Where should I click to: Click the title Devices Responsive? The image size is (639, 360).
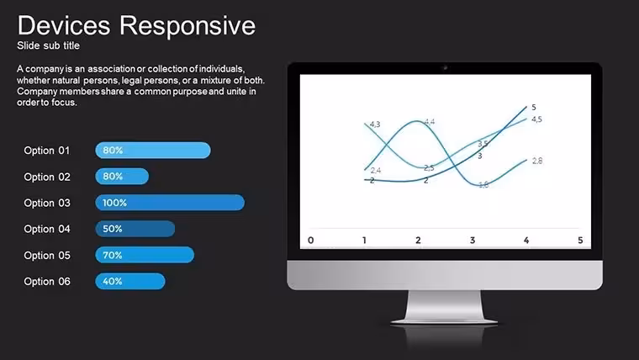[x=136, y=26]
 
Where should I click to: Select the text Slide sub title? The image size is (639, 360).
[x=48, y=45]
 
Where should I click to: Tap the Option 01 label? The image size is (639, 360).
[x=46, y=151]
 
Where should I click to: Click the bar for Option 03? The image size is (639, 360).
[x=170, y=203]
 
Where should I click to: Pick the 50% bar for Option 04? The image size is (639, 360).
[x=135, y=229]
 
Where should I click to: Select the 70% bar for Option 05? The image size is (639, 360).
[x=145, y=255]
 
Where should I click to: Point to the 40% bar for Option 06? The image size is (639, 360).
[x=130, y=281]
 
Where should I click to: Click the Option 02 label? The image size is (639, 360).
[x=47, y=177]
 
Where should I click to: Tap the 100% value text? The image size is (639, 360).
[x=114, y=203]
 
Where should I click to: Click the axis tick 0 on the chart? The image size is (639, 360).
[x=310, y=240]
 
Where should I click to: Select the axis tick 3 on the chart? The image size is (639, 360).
[x=473, y=240]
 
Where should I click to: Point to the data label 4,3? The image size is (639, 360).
[x=375, y=124]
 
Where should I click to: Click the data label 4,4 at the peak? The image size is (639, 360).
[x=430, y=121]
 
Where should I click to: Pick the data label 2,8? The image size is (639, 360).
[x=537, y=161]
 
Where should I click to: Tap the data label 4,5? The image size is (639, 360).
[x=536, y=119]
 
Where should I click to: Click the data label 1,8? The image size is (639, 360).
[x=483, y=185]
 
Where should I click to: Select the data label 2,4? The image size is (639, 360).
[x=376, y=171]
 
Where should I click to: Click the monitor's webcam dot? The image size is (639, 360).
[x=445, y=67]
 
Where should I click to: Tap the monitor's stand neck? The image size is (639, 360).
[x=444, y=305]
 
